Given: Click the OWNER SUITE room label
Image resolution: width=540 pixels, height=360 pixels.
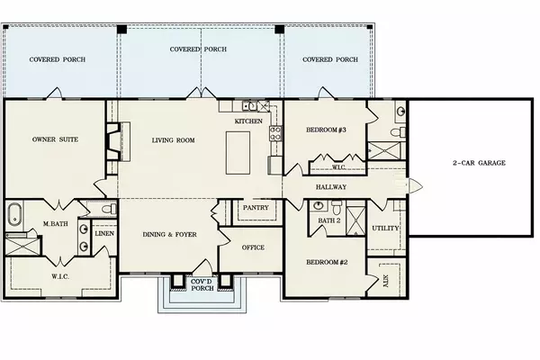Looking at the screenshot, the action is (x=55, y=139).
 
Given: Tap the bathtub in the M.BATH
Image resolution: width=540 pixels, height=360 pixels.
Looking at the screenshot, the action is (x=14, y=214).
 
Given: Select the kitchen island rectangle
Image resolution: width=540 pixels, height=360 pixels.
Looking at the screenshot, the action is (x=238, y=153).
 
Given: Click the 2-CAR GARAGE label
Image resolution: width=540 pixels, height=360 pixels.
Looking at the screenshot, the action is (x=479, y=163).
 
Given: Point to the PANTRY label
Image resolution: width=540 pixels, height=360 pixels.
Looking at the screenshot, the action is (x=256, y=207).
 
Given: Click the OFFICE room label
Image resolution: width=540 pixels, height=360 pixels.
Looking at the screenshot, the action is (x=253, y=247).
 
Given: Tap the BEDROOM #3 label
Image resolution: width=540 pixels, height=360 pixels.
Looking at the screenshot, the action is (x=326, y=130).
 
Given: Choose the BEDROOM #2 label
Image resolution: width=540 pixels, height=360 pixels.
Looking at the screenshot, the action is (x=327, y=262).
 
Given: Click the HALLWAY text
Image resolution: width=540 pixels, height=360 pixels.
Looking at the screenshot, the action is (x=331, y=186).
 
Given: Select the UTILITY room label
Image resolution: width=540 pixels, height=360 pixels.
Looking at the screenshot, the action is (x=385, y=228).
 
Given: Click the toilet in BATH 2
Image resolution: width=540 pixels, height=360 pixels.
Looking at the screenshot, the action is (x=337, y=207).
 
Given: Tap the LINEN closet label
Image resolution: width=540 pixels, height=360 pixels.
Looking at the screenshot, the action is (x=104, y=233).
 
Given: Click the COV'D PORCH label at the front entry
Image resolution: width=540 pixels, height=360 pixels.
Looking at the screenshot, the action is (x=202, y=284).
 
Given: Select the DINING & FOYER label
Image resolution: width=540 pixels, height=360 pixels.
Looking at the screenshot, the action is (x=169, y=234).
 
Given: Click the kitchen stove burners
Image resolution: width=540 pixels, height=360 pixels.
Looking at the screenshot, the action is (x=275, y=133).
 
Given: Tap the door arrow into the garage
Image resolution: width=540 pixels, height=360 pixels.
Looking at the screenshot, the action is (x=415, y=186).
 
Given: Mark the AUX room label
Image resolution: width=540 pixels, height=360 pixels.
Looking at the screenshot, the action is (x=385, y=281).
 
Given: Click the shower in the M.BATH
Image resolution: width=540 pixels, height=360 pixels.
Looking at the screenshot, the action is (x=22, y=246).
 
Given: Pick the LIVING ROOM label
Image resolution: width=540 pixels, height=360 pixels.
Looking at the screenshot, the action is (x=173, y=140).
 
